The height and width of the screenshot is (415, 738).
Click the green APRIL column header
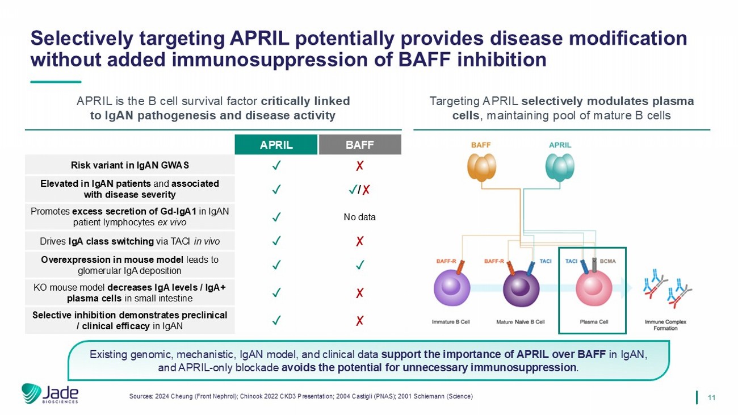click(x=276, y=144)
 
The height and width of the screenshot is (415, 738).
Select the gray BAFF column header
click(x=360, y=144)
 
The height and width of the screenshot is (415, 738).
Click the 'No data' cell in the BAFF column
click(x=359, y=217)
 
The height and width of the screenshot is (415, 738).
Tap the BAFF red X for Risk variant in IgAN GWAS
click(x=359, y=165)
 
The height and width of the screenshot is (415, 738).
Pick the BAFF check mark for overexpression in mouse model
click(x=360, y=265)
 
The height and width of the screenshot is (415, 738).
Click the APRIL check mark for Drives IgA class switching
click(x=276, y=241)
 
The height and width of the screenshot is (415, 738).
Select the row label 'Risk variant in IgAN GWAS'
click(x=130, y=165)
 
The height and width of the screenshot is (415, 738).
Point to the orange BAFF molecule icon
click(x=481, y=167)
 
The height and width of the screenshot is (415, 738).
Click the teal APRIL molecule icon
click(x=560, y=167)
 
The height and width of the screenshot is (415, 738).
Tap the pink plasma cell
click(x=594, y=287)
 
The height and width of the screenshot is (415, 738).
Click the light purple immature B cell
click(x=452, y=287)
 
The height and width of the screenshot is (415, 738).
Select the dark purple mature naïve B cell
click(x=521, y=288)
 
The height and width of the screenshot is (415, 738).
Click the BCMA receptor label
click(x=607, y=261)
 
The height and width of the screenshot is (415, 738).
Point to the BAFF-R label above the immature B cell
click(x=446, y=261)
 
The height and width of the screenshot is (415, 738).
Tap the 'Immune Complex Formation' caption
click(x=665, y=325)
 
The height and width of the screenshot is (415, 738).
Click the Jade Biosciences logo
click(x=50, y=393)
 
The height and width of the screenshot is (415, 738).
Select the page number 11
click(x=711, y=397)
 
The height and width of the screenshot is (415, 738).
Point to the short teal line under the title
click(x=56, y=82)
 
